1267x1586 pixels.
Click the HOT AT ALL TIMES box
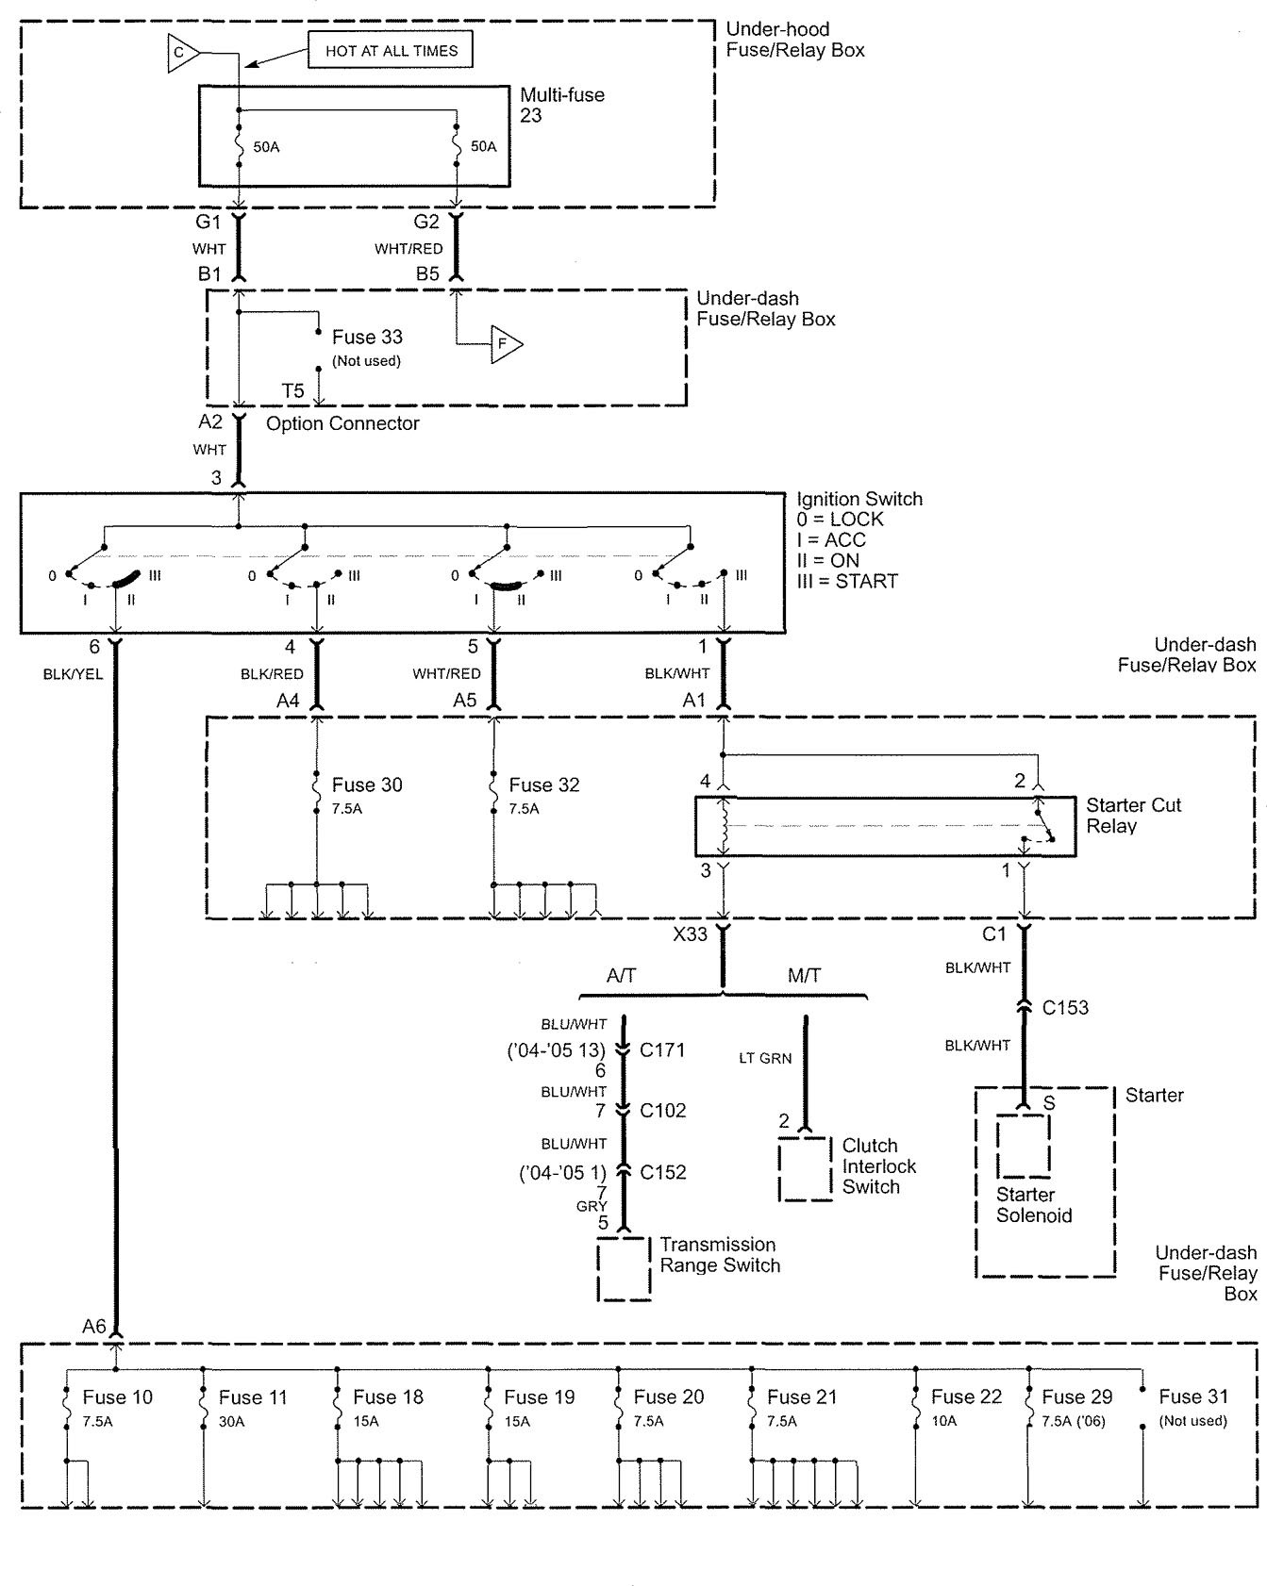pyautogui.click(x=391, y=51)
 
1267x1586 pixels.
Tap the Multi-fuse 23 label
pyautogui.click(x=561, y=105)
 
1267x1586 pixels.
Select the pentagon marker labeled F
pyautogui.click(x=506, y=344)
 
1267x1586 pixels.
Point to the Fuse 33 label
pyautogui.click(x=367, y=338)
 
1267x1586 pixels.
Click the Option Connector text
pyautogui.click(x=342, y=423)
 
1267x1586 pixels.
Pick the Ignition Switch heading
pyautogui.click(x=859, y=499)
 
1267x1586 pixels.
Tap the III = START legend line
pyautogui.click(x=847, y=581)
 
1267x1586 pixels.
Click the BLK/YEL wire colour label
pyautogui.click(x=73, y=674)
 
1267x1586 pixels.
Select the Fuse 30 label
pyautogui.click(x=367, y=785)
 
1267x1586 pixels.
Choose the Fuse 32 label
pyautogui.click(x=544, y=785)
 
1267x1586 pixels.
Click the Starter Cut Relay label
pyautogui.click(x=1133, y=816)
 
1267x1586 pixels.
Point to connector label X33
pyautogui.click(x=690, y=934)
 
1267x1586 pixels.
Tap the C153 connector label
pyautogui.click(x=1065, y=1007)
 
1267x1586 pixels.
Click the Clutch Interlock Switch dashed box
pyautogui.click(x=806, y=1169)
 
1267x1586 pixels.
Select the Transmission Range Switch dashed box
pyautogui.click(x=625, y=1269)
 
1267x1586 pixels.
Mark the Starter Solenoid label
pyautogui.click(x=1034, y=1205)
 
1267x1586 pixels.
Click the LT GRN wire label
pyautogui.click(x=765, y=1059)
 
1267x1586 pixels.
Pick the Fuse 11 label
pyautogui.click(x=252, y=1397)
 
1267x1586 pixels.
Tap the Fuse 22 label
pyautogui.click(x=966, y=1397)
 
